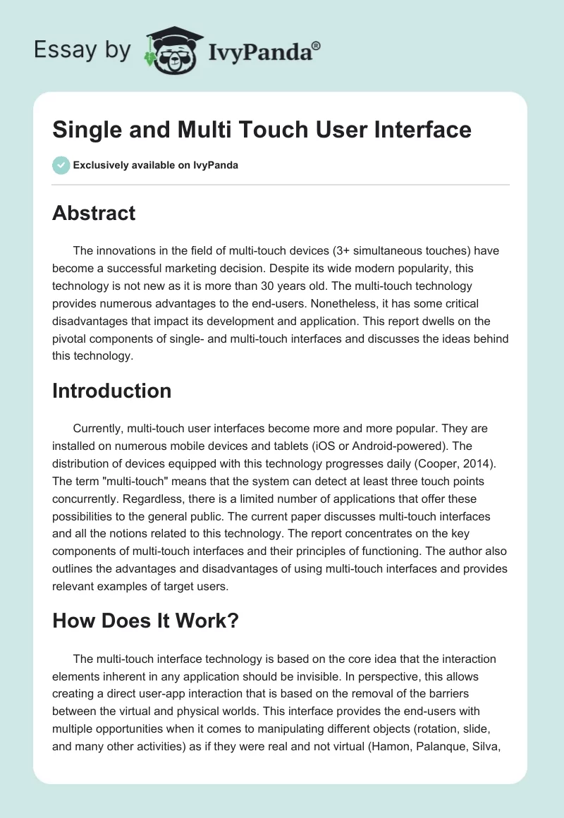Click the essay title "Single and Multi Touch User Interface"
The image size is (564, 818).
coord(262,130)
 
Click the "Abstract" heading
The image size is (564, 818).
coord(94,213)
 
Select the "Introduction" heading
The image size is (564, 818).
coord(111,391)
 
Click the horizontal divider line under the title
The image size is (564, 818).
coord(281,185)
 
